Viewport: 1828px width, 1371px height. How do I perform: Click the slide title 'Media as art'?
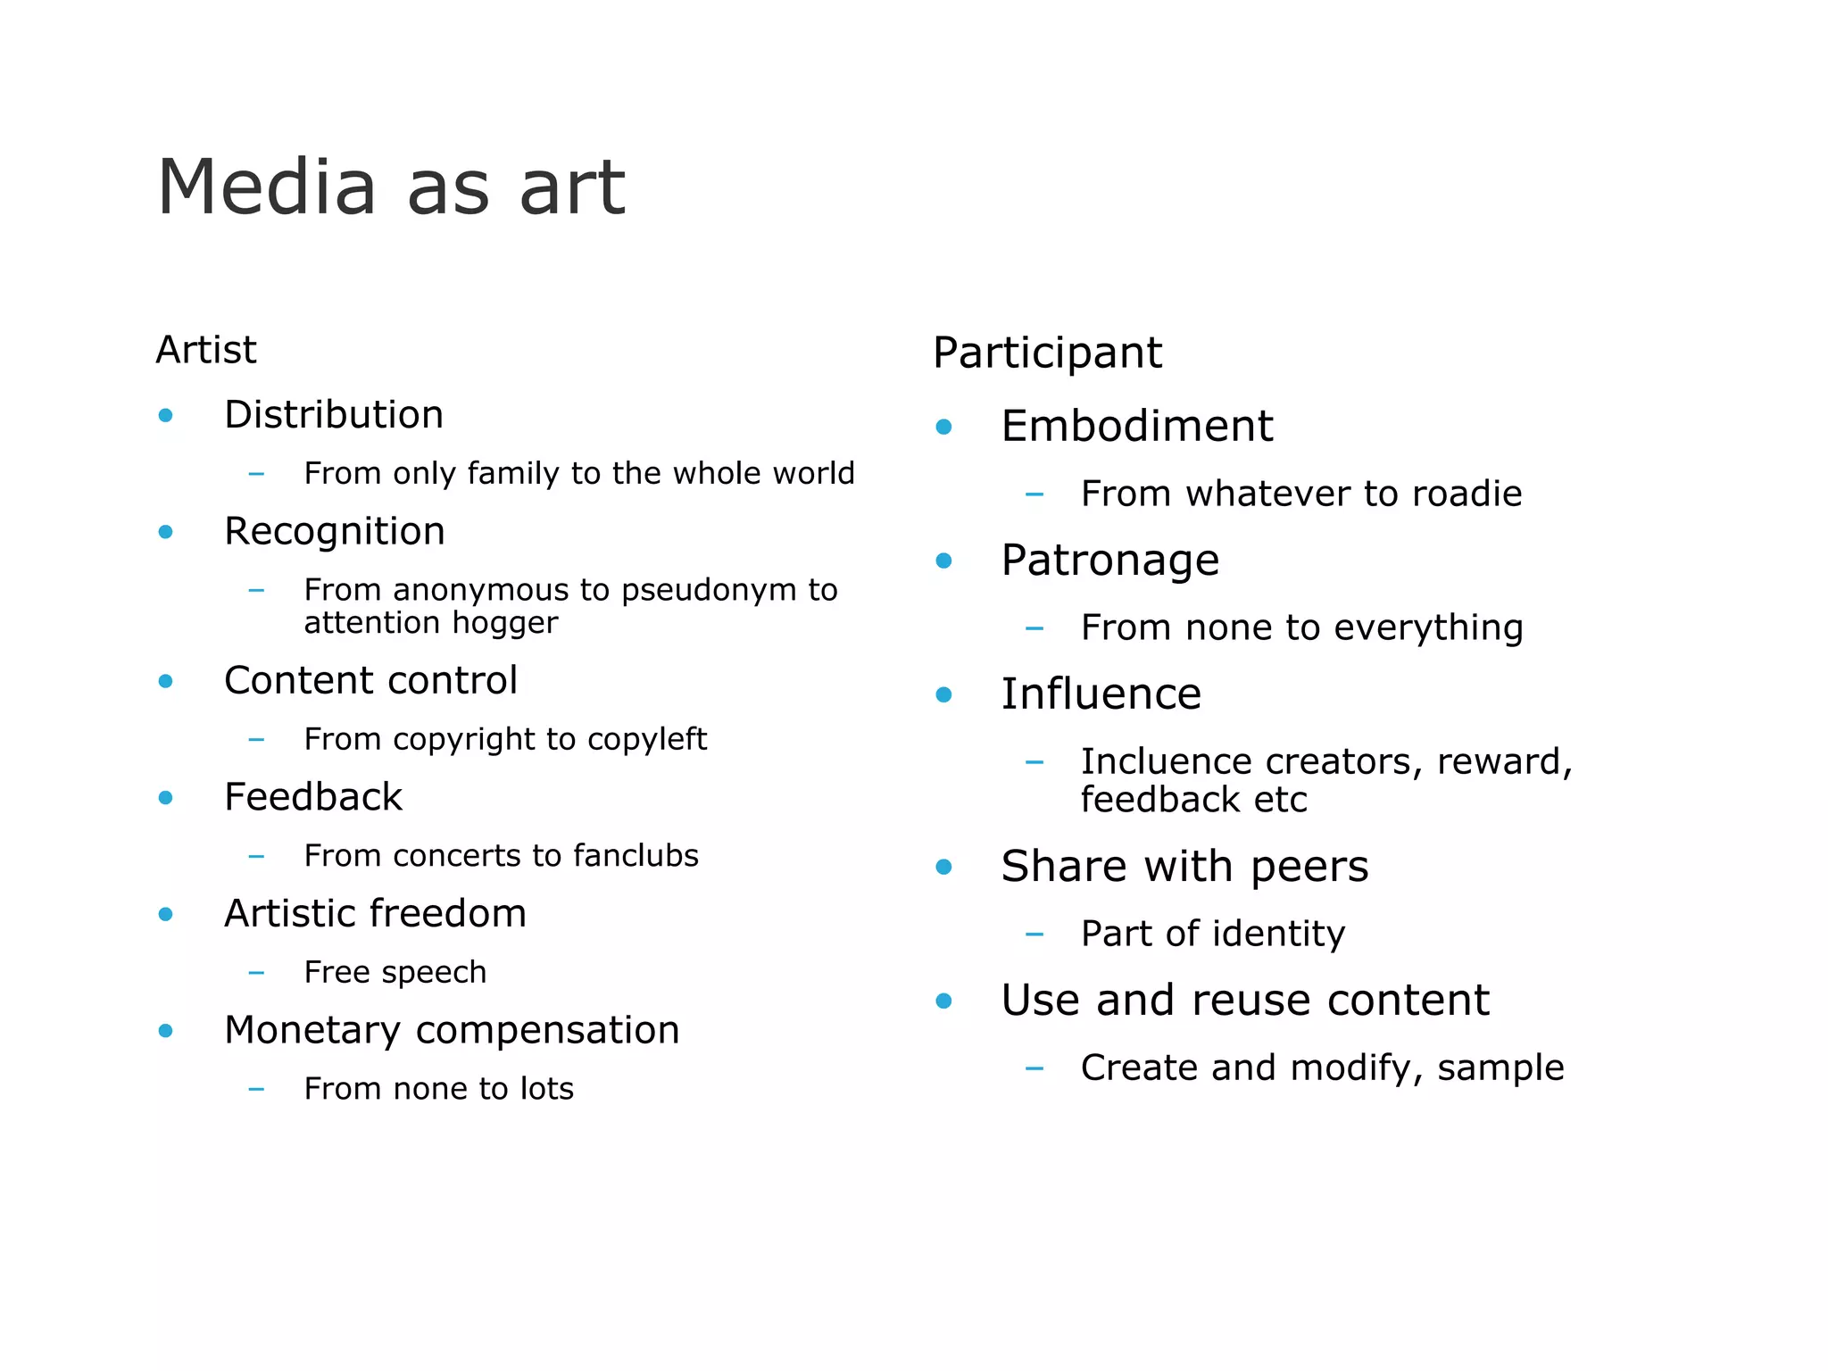tap(391, 187)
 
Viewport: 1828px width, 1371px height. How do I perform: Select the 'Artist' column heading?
tap(206, 349)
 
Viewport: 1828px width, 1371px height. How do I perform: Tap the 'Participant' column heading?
tap(1047, 353)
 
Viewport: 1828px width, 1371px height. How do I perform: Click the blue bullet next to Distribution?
tap(165, 415)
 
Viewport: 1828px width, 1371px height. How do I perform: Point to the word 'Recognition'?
tap(334, 531)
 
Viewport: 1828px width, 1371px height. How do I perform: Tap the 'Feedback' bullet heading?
tap(312, 796)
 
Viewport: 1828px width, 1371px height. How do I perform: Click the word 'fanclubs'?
tap(636, 855)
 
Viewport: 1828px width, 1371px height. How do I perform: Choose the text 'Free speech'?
tap(395, 972)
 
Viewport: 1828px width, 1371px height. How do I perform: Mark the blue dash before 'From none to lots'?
tap(256, 1089)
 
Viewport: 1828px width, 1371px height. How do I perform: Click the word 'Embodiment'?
tap(1136, 426)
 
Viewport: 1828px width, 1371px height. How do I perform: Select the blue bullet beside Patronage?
tap(943, 561)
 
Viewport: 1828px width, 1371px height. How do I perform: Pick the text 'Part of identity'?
tap(1212, 934)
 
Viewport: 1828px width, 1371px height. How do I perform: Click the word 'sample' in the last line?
tap(1500, 1068)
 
